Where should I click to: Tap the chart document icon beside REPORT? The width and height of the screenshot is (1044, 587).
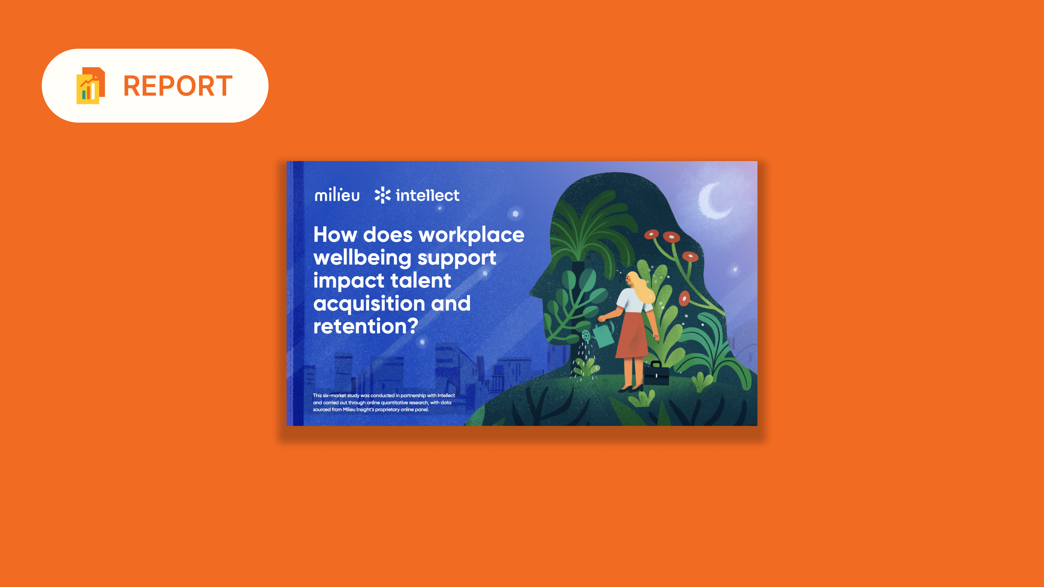(91, 85)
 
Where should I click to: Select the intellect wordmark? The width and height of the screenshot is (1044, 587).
(428, 195)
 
